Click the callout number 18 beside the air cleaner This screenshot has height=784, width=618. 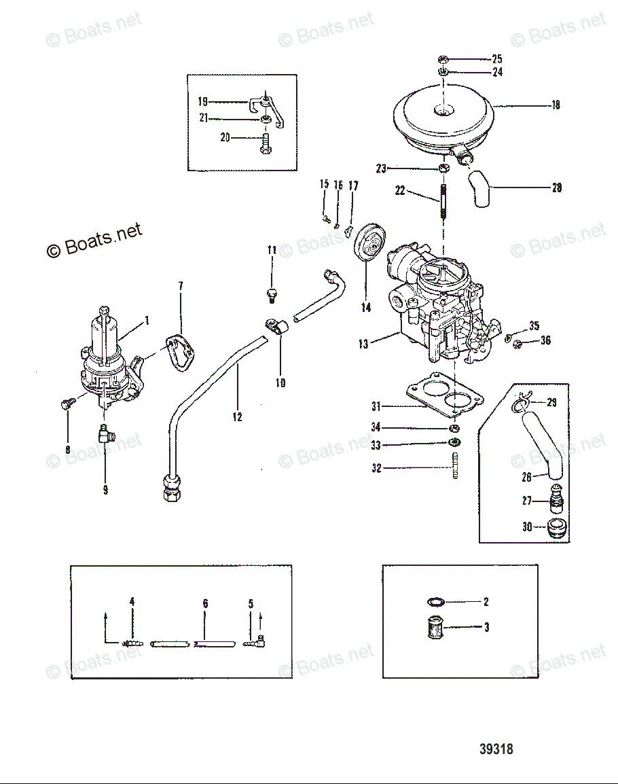coord(556,105)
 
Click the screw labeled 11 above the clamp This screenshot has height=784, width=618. coord(272,294)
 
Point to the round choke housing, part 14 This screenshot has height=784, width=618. coord(369,246)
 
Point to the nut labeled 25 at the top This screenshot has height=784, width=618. coord(443,58)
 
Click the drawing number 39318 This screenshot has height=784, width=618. coord(496,749)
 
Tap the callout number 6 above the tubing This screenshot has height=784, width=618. coord(205,603)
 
